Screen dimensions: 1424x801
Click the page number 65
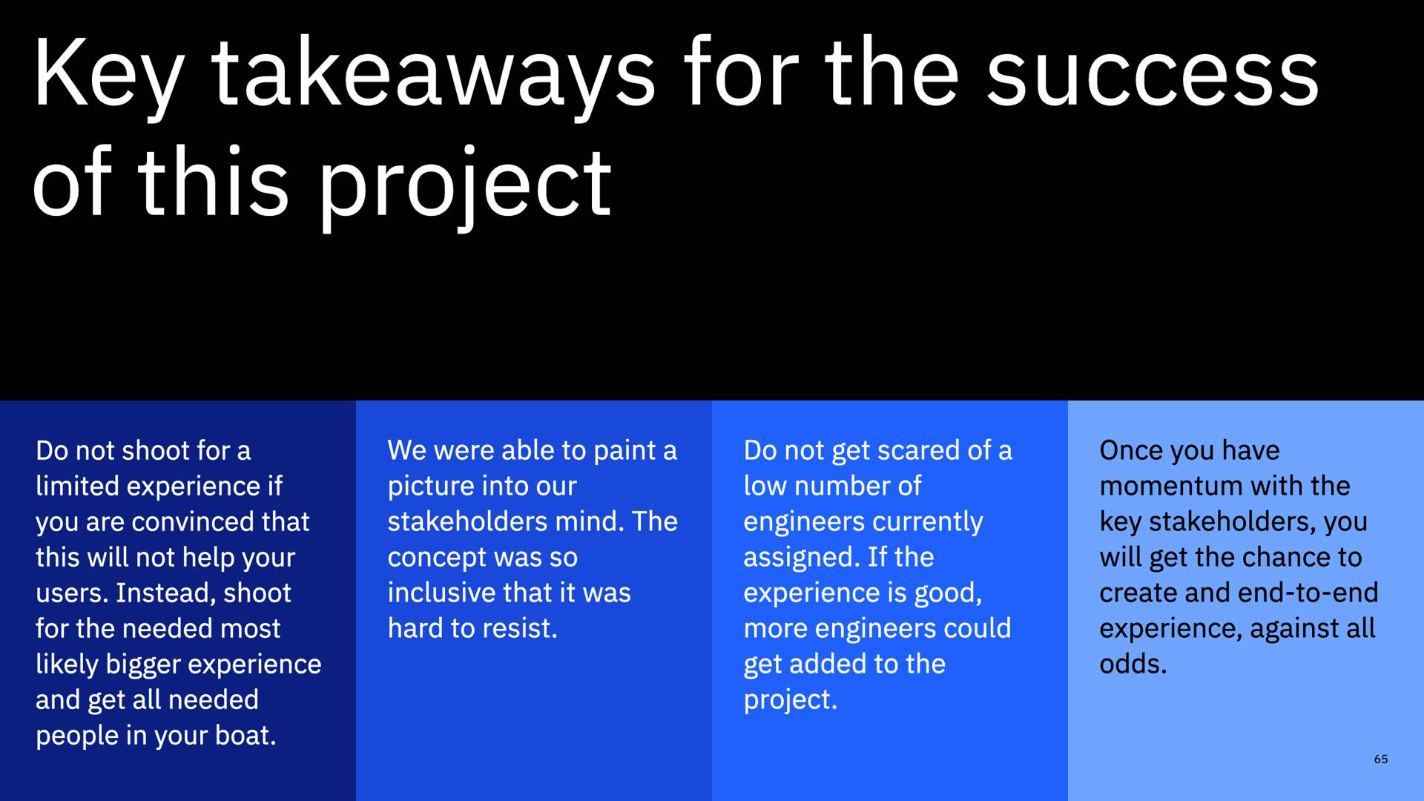coord(1381,759)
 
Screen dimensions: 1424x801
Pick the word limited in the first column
coord(77,486)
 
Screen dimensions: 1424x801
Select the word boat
coord(245,735)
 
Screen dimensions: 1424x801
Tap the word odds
coord(1133,664)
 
